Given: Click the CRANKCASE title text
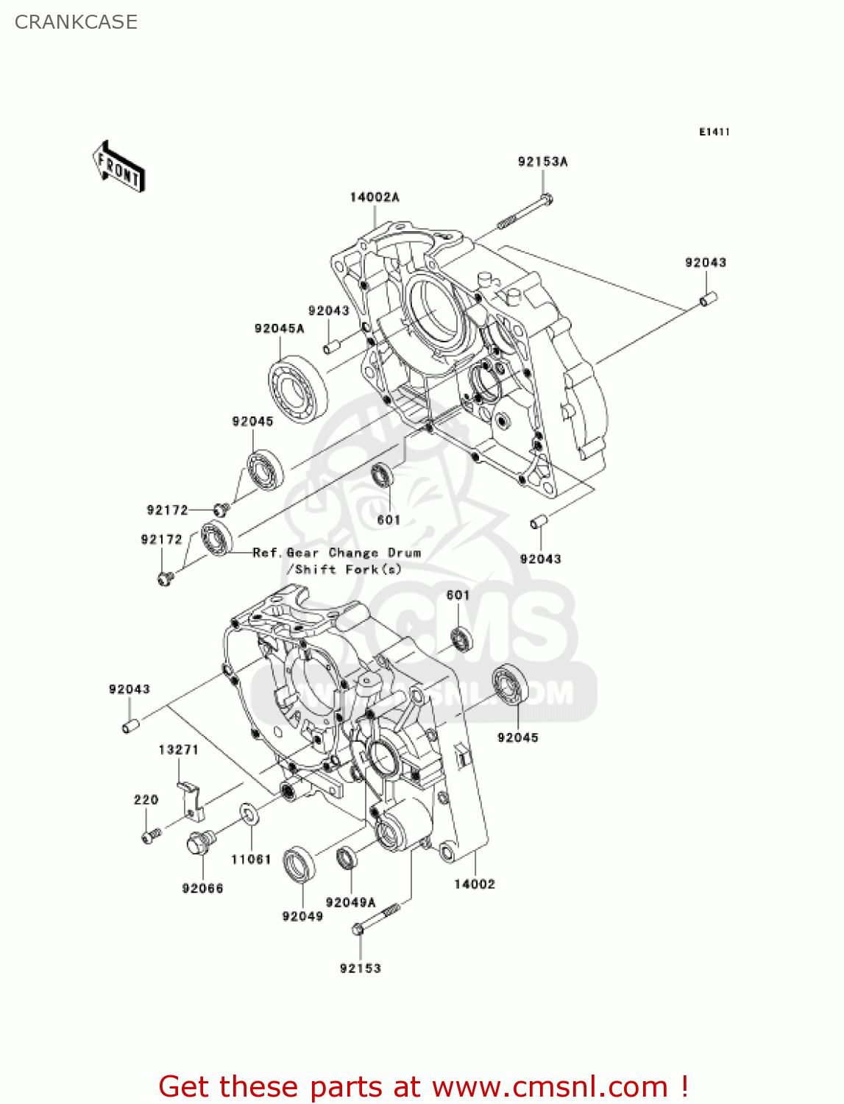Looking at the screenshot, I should (x=76, y=22).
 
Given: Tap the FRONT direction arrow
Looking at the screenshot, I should (x=118, y=168).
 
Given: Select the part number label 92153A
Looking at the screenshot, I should (x=542, y=162).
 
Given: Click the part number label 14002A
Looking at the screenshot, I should (x=374, y=197).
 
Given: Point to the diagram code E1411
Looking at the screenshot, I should (x=714, y=132).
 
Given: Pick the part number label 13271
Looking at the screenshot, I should (x=178, y=750).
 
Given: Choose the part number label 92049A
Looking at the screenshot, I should (x=350, y=902).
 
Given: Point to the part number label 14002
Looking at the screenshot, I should (x=474, y=884).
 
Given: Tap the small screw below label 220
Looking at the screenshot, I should (x=151, y=836).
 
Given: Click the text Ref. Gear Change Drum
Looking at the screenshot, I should (x=336, y=553).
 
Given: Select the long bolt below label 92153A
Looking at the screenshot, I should (x=525, y=211).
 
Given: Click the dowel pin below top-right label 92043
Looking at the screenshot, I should (x=708, y=299).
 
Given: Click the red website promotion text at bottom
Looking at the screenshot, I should (x=423, y=1086).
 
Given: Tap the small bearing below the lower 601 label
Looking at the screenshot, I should (x=461, y=638).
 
